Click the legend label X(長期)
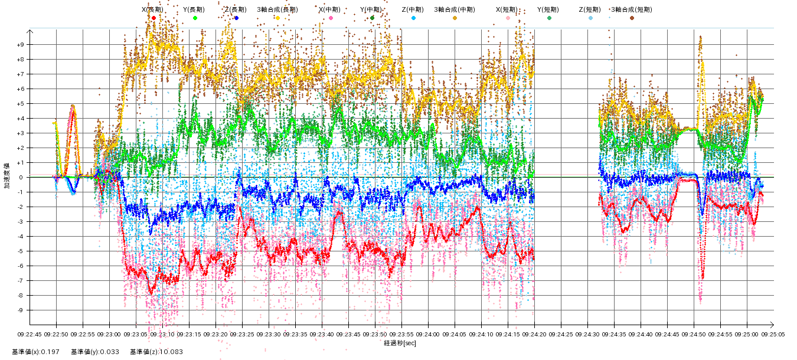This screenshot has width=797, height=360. (x=153, y=9)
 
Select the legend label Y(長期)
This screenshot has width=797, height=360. (x=195, y=9)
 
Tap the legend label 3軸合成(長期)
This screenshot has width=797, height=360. (x=277, y=9)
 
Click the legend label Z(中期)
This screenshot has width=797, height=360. (x=413, y=9)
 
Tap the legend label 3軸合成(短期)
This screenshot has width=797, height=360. (x=632, y=9)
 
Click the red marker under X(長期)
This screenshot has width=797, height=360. (x=153, y=18)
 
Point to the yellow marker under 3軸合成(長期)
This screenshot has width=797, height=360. (x=277, y=18)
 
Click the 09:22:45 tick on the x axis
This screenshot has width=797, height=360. (x=30, y=334)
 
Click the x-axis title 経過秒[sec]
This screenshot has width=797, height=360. (x=400, y=343)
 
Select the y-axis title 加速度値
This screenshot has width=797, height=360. (x=7, y=176)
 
